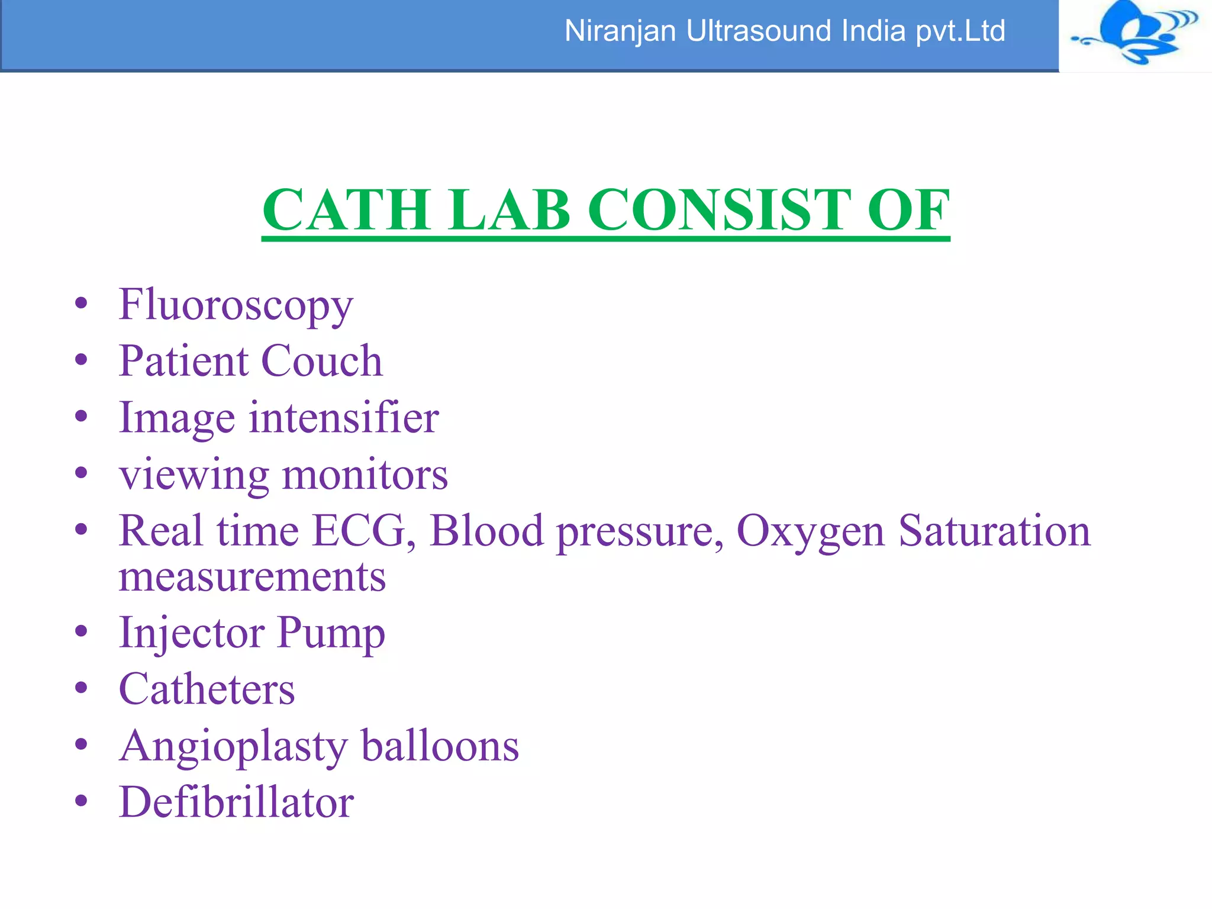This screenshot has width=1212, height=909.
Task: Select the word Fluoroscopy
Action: coord(236,305)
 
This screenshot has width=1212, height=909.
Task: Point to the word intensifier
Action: coord(343,418)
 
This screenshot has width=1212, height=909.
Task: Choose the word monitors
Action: coord(365,475)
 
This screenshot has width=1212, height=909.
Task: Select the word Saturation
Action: coord(994,531)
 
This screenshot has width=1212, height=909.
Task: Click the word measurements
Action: coord(252,577)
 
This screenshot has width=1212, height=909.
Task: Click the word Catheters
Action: coord(207,689)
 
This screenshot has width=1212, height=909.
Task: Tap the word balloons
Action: coord(440,746)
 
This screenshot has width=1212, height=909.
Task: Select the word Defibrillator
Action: coord(236,802)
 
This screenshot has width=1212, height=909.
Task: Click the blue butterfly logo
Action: coord(1135,33)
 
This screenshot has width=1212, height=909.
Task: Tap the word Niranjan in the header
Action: coord(620,31)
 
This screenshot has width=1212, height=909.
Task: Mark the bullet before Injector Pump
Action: coord(81,631)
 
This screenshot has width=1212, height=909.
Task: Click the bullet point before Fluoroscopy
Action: coord(81,304)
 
